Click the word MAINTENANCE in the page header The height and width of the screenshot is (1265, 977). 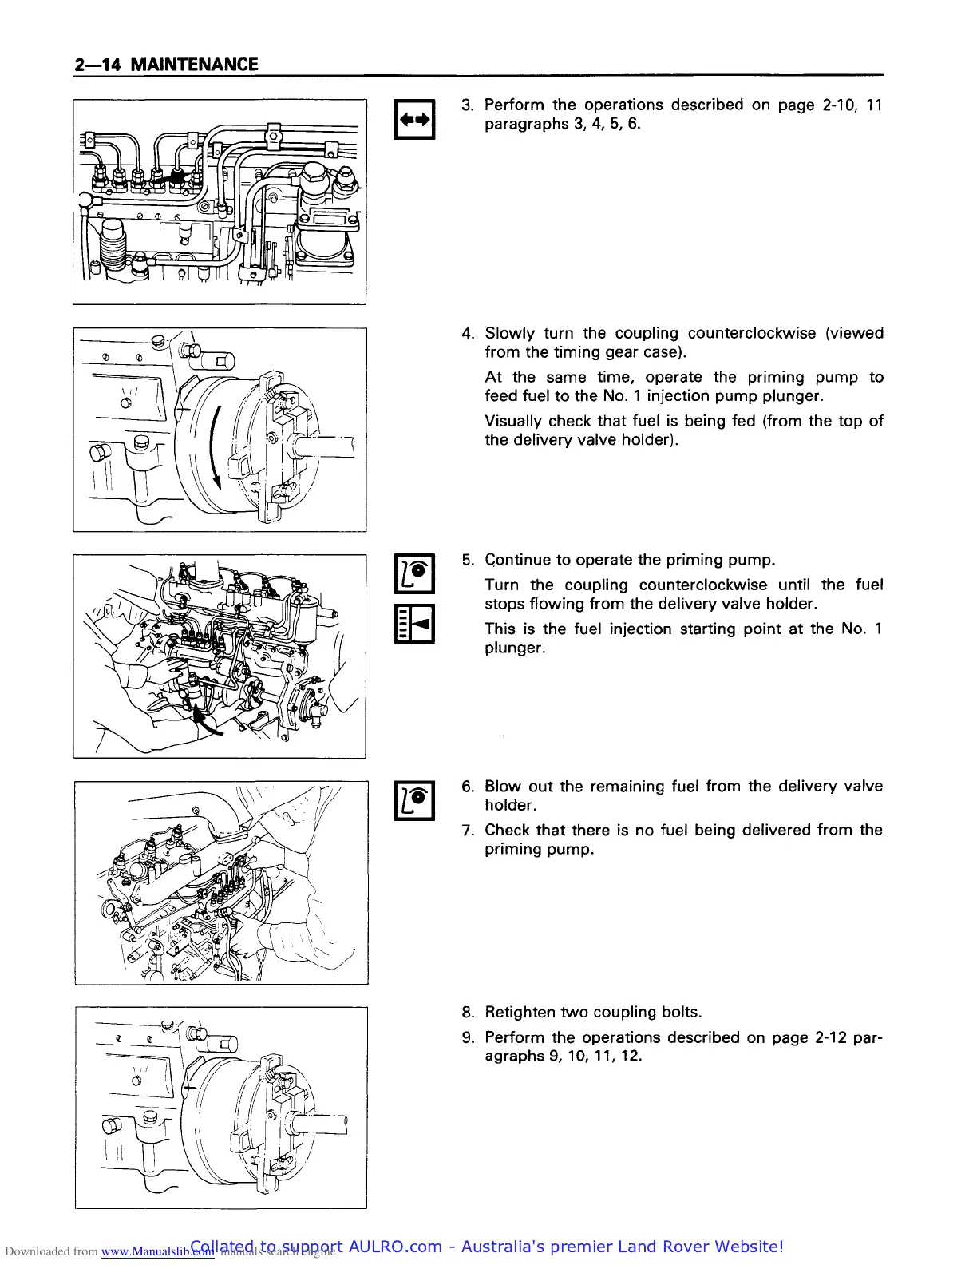coord(194,65)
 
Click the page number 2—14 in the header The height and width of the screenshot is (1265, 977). coord(97,65)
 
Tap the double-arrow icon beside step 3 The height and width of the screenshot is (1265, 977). coord(414,120)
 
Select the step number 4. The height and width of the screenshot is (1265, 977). coord(467,334)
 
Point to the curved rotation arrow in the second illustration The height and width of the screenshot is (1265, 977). coord(214,447)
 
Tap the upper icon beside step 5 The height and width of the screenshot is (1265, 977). coord(414,574)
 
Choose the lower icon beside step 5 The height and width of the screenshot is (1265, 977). coord(414,625)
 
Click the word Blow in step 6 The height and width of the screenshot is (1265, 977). coord(503,787)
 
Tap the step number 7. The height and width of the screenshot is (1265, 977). coord(467,831)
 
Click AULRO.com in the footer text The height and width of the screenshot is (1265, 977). coord(395,1247)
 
